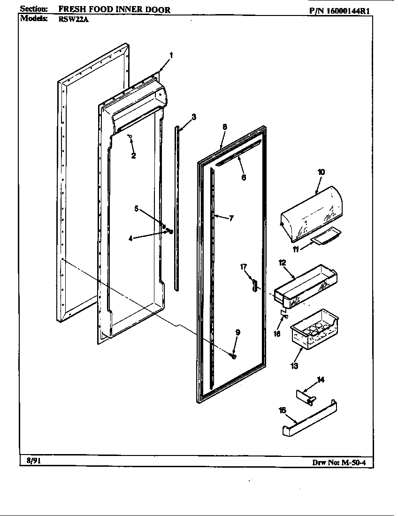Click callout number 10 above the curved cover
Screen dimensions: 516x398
click(321, 172)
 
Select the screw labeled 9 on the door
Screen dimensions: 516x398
click(233, 356)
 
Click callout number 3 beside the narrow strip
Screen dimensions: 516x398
click(194, 117)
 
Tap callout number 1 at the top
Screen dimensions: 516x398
click(171, 55)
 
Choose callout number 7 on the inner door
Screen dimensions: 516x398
click(231, 218)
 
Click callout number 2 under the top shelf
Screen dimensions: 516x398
click(133, 156)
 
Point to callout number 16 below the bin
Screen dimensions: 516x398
click(277, 334)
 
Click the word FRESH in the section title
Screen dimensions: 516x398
click(72, 9)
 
